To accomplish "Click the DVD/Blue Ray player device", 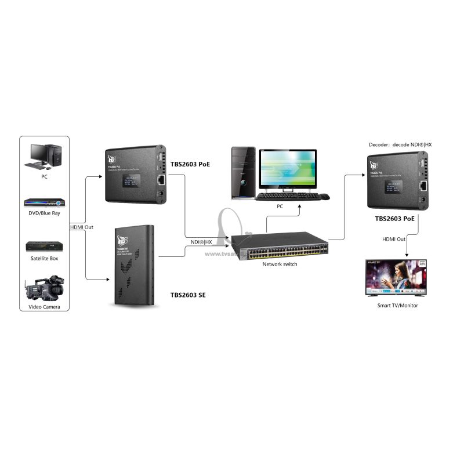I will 45,202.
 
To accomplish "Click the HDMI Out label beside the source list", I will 81,227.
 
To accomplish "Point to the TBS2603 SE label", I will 188,295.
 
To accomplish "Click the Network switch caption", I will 280,264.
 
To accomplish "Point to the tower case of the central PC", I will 244,172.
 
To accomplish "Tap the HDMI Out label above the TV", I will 394,239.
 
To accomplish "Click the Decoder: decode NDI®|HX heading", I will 400,144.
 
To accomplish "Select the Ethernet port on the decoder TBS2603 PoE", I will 423,186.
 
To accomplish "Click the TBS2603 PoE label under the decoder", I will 394,219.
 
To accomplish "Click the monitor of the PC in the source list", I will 39,153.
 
